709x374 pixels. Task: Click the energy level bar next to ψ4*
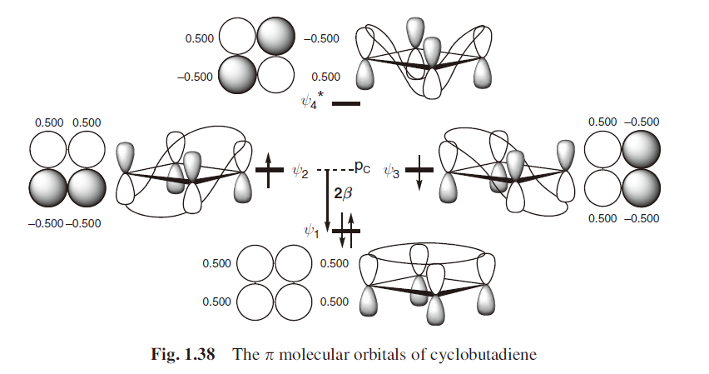click(345, 104)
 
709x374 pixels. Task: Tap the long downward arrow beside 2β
click(327, 200)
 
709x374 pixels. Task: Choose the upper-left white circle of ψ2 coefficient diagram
click(48, 151)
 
